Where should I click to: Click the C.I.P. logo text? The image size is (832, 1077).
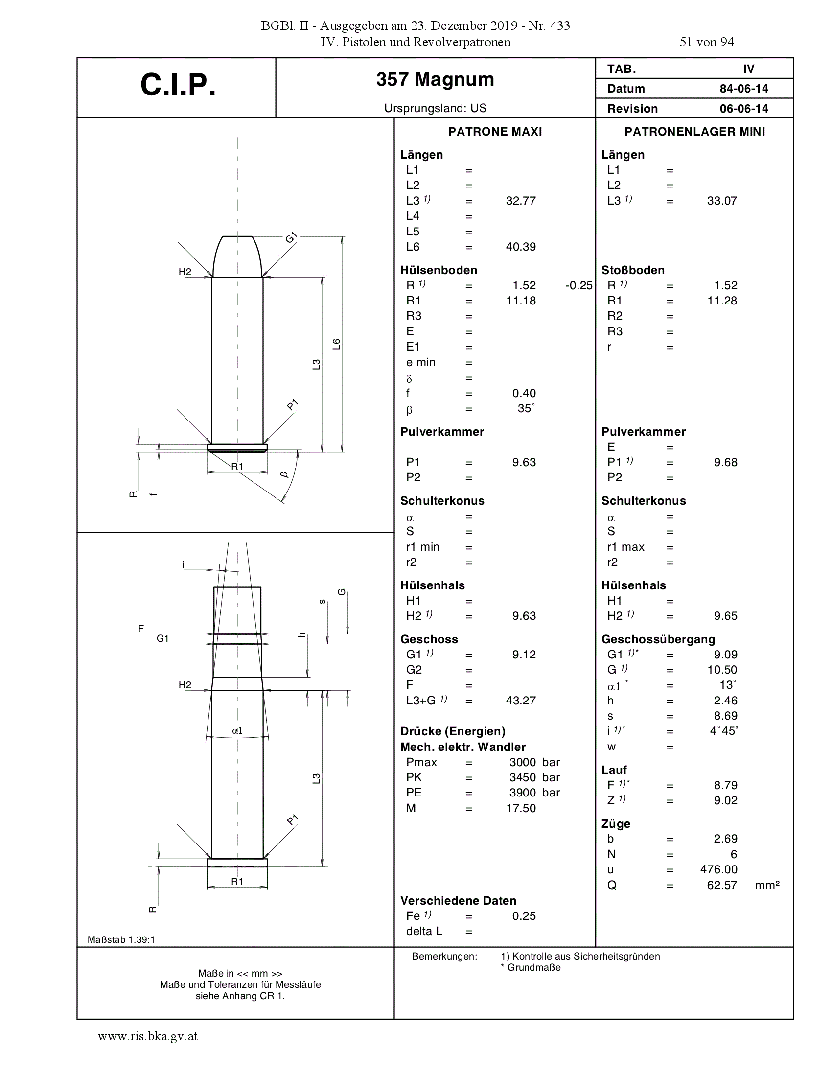[178, 85]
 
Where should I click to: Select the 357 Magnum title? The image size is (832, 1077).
[435, 79]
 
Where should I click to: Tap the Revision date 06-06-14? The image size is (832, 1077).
[744, 109]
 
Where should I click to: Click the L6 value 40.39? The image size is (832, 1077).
[521, 247]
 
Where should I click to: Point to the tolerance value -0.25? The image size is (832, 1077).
[578, 285]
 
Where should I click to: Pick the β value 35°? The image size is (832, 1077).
[526, 408]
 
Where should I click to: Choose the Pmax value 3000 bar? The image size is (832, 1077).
[535, 762]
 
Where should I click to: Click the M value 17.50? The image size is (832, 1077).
[521, 808]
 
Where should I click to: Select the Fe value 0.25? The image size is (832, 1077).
[524, 916]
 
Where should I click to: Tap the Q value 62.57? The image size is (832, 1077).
[722, 885]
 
